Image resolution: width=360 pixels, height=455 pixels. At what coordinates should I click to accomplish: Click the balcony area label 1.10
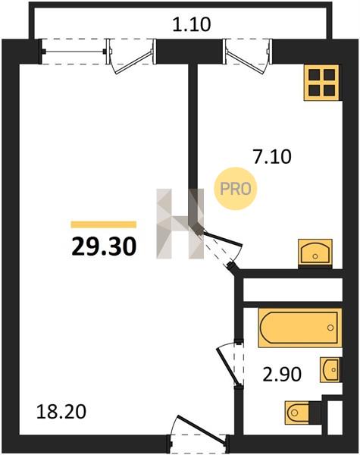[x=192, y=25]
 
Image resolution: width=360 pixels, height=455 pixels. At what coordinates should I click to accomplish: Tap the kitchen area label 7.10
[x=272, y=157]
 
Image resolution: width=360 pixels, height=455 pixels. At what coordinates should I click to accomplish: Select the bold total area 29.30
[x=104, y=246]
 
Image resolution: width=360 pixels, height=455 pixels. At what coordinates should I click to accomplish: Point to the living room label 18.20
[x=61, y=412]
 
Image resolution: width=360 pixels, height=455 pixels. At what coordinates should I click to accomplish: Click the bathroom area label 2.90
[x=282, y=374]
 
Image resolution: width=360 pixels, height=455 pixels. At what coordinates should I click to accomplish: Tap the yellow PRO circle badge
[x=236, y=189]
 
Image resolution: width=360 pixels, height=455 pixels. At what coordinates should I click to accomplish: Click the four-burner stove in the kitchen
[x=321, y=83]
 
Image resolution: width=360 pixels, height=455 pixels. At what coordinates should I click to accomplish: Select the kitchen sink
[x=315, y=253]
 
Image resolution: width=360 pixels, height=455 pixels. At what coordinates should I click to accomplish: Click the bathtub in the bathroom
[x=300, y=328]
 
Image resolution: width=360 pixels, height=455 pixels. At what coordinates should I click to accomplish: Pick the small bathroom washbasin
[x=330, y=370]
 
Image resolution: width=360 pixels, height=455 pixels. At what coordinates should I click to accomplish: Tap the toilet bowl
[x=297, y=413]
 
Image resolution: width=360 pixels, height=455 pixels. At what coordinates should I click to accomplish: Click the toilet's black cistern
[x=315, y=413]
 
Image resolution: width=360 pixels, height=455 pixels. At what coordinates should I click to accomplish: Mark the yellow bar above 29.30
[x=104, y=224]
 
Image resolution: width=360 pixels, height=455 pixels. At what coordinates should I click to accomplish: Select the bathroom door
[x=229, y=364]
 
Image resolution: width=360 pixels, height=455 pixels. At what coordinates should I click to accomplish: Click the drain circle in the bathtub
[x=330, y=328]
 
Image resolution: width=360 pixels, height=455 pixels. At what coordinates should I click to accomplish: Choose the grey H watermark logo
[x=180, y=224]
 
